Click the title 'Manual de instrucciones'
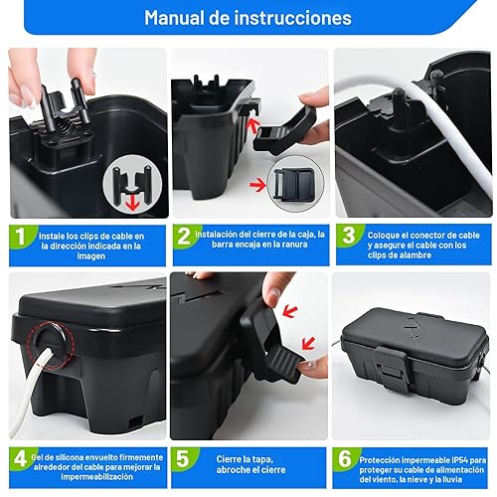(x=248, y=18)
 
